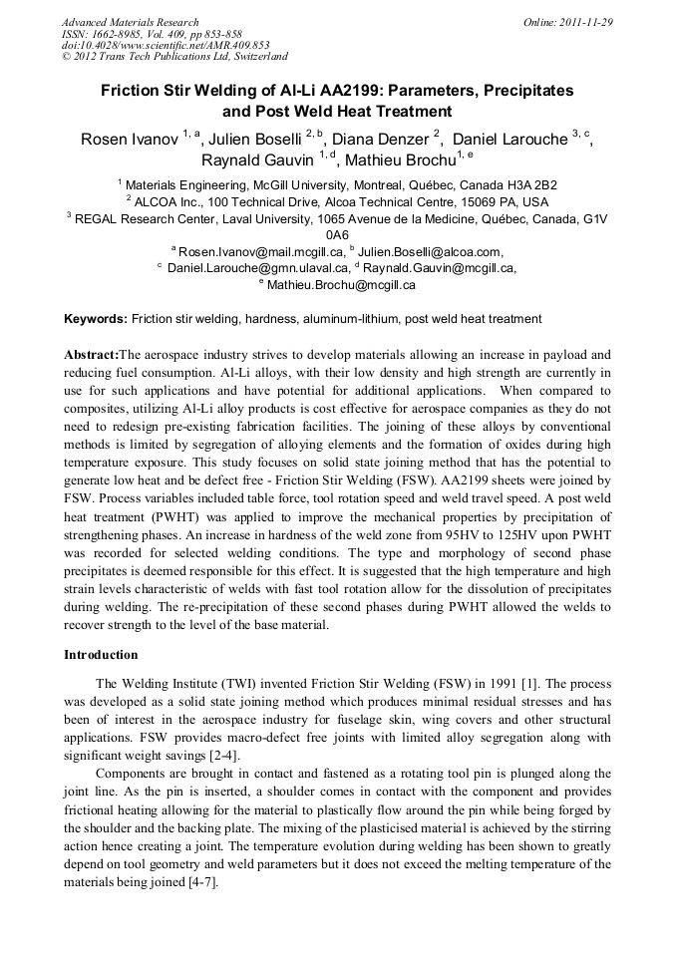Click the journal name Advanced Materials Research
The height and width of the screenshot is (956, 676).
click(130, 22)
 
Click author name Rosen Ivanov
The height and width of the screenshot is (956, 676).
click(129, 140)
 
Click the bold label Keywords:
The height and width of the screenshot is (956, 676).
click(96, 319)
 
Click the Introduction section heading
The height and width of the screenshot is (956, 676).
click(102, 655)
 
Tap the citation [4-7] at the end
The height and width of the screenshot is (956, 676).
click(200, 882)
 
